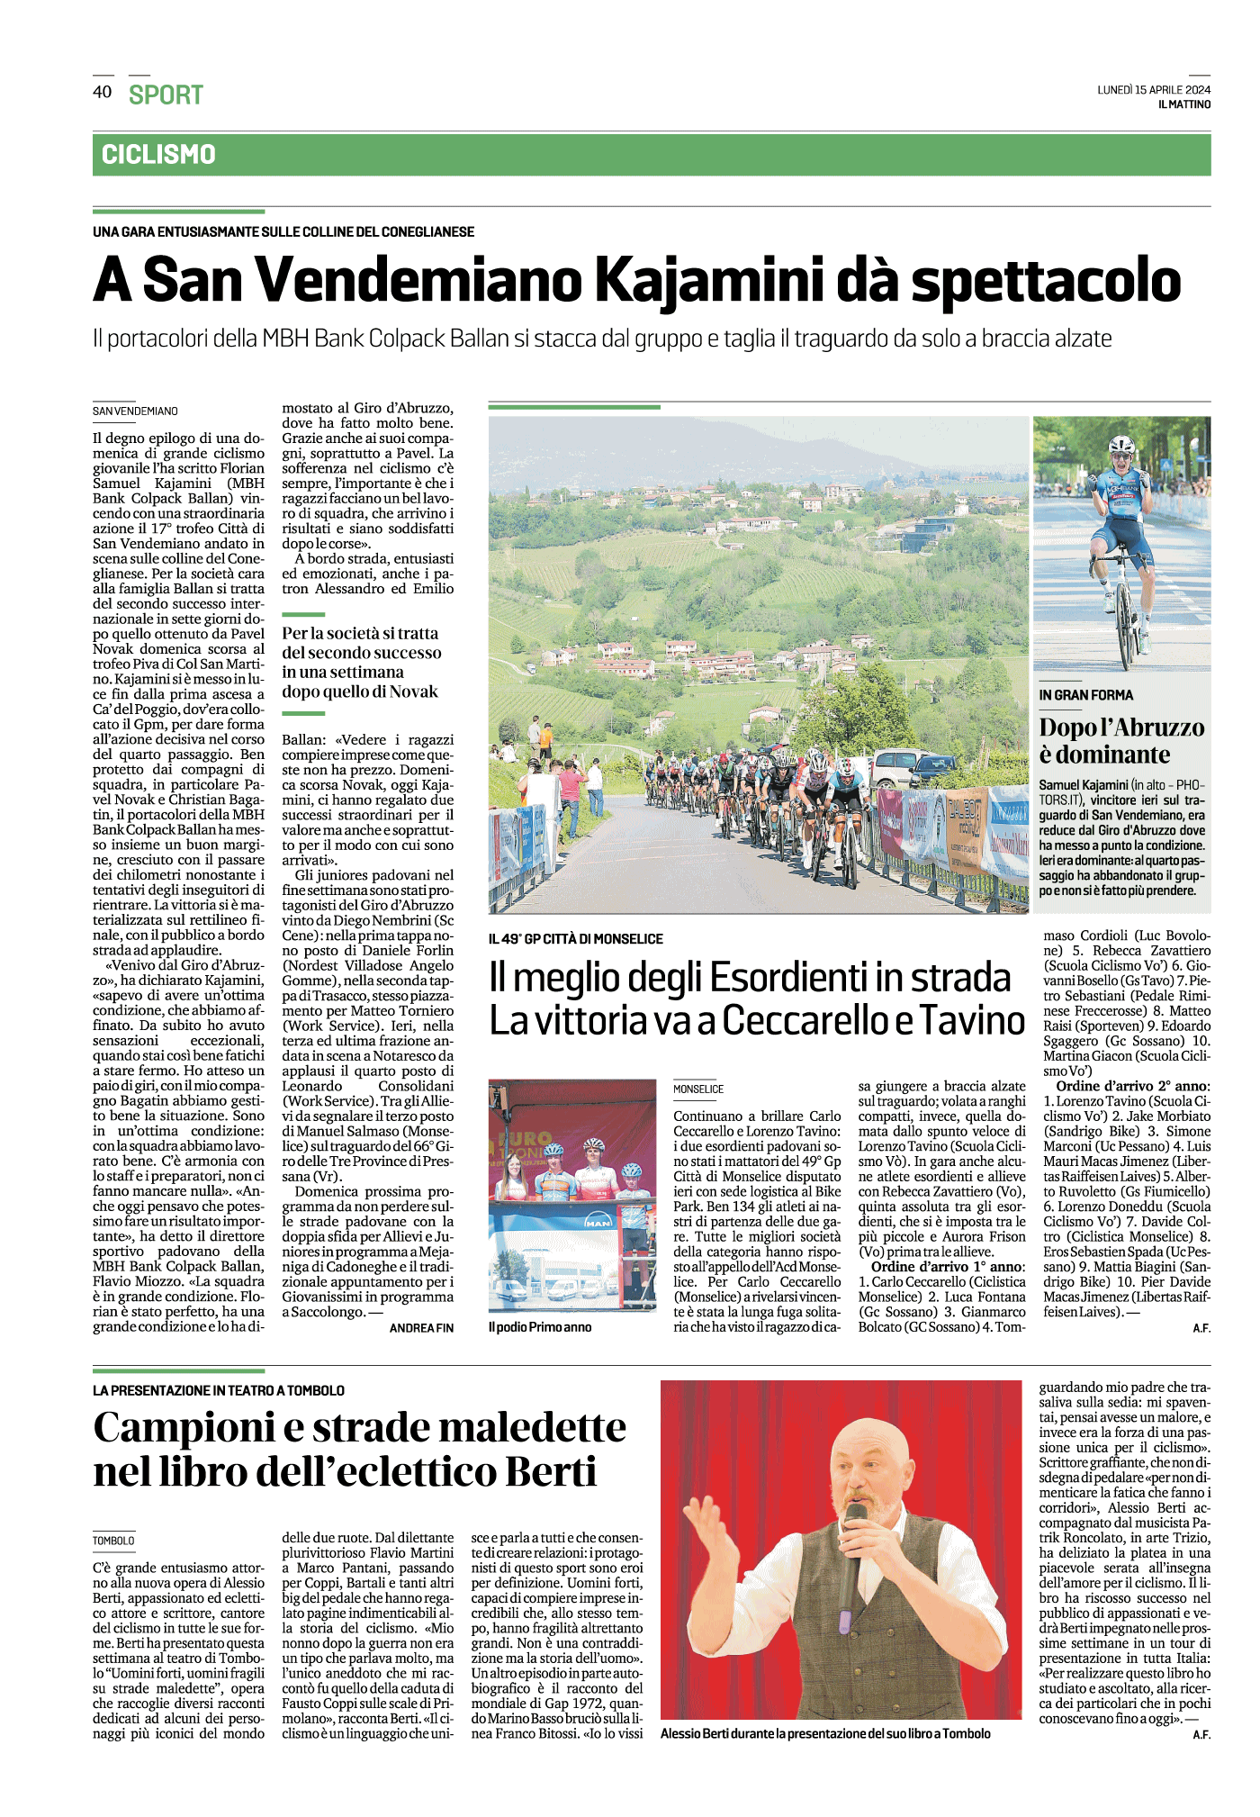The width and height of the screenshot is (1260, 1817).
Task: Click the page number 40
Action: [102, 92]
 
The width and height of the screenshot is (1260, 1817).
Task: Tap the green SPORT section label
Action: [166, 95]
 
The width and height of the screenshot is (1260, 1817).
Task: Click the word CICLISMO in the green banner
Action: [158, 155]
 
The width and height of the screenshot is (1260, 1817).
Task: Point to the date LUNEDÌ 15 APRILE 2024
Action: [1154, 89]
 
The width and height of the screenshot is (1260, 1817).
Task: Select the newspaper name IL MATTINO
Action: [1184, 104]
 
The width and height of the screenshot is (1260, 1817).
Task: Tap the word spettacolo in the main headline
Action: [1046, 281]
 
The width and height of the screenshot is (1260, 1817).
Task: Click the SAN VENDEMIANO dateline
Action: [135, 411]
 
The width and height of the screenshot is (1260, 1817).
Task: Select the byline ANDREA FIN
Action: [421, 1328]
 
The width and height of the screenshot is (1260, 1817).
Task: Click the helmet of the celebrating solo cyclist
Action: [1121, 445]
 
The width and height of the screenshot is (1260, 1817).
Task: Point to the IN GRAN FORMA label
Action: [1085, 695]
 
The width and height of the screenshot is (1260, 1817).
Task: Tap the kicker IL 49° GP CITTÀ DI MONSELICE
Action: [576, 939]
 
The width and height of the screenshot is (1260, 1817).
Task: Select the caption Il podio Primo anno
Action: [540, 1327]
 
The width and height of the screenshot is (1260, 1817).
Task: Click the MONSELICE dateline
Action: [698, 1089]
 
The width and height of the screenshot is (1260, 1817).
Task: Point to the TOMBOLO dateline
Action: [113, 1541]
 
